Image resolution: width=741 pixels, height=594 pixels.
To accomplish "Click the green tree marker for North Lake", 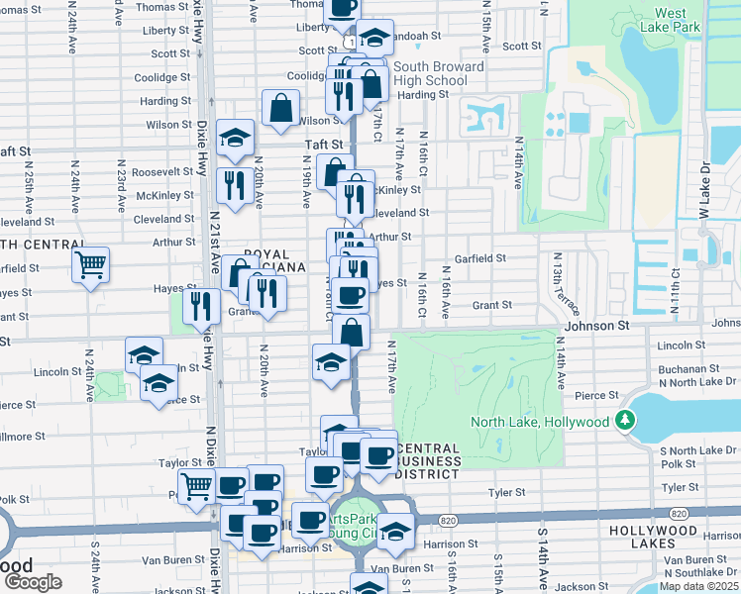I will (624, 422).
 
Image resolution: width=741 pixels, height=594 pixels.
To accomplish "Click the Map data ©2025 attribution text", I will (698, 586).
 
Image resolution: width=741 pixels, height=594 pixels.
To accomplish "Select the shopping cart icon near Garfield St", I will (90, 264).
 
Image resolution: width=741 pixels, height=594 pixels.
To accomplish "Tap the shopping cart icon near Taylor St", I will (197, 485).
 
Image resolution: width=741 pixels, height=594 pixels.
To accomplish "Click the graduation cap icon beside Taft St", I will (235, 139).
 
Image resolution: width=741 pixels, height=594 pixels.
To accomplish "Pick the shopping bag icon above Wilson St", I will (281, 107).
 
